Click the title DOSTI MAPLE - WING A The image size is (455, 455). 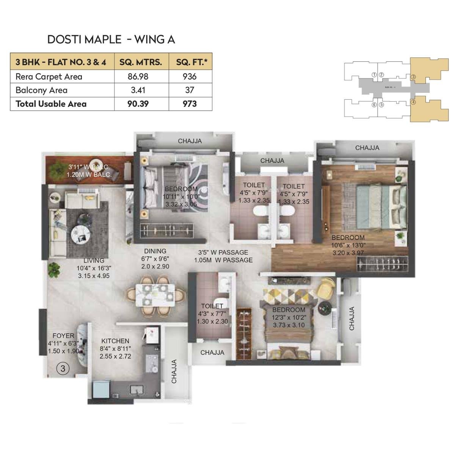point(111,39)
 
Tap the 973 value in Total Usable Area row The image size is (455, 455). point(190,104)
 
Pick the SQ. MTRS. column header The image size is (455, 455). point(141,62)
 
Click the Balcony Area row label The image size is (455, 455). point(41,90)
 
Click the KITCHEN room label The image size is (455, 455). point(115,341)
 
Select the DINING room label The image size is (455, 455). point(155,251)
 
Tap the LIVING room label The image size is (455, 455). point(94,260)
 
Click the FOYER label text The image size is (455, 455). point(63,336)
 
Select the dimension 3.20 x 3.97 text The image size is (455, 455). point(348,253)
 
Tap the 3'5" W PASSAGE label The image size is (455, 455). point(223,252)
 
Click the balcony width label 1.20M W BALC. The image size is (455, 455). point(89,175)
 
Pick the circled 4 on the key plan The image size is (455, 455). point(413,102)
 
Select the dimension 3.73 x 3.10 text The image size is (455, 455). point(289,325)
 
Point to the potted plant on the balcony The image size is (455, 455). point(58,167)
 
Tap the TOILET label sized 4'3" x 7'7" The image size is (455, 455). point(212,306)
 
